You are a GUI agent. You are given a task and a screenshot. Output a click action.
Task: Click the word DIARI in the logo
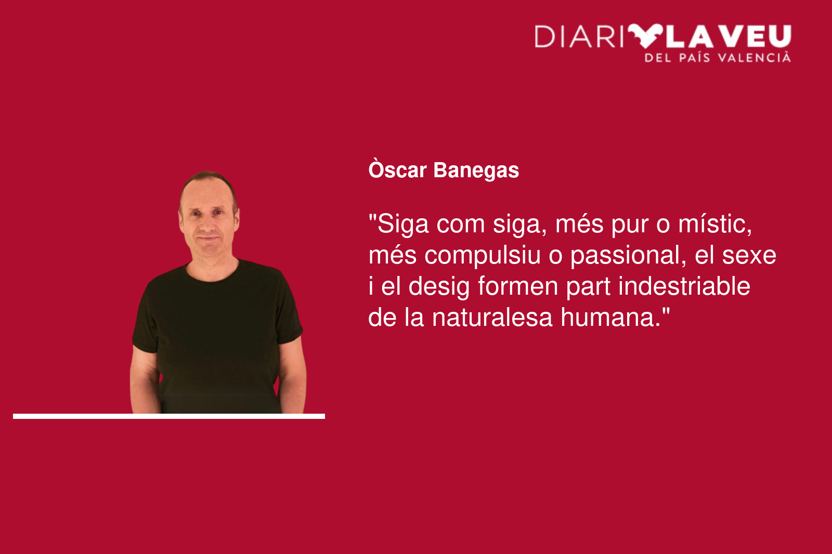click(x=579, y=36)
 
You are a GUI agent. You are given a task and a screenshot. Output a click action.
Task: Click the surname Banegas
click(x=476, y=171)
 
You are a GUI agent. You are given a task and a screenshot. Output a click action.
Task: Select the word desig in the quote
click(x=439, y=287)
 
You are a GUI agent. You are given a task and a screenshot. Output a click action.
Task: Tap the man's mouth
click(x=208, y=238)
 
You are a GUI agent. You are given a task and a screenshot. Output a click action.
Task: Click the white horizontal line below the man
click(x=169, y=416)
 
